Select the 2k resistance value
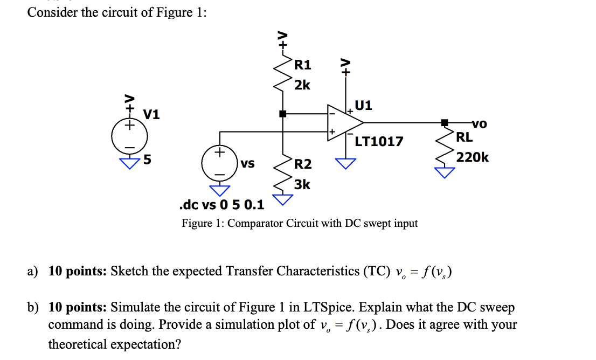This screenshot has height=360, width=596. pos(302,85)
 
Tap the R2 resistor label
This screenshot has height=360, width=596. pos(303,164)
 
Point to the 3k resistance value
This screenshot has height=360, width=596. pos(302,184)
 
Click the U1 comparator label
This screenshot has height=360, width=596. pos(364,105)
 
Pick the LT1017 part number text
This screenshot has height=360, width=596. pos(379,142)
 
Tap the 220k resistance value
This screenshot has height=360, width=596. pos(472,157)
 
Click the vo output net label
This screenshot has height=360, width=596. pos(479,124)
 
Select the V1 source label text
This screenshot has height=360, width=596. pos(152,114)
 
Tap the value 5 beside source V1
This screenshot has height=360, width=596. pos(147,160)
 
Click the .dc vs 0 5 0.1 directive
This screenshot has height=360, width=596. pos(221,205)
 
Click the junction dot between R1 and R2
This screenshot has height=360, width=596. pos(282,114)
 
